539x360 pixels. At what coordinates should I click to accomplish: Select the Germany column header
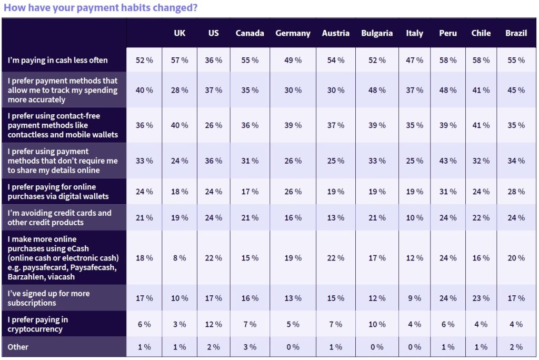click(293, 33)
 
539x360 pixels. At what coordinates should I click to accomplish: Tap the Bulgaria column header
click(377, 33)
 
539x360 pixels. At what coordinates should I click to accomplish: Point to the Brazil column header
click(516, 33)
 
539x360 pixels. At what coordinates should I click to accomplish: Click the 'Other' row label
click(18, 347)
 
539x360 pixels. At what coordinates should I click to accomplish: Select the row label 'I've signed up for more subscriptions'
click(48, 298)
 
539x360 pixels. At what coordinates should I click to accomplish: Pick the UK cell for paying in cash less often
click(179, 60)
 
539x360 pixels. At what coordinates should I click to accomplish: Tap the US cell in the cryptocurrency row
click(214, 324)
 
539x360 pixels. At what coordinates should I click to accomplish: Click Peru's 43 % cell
click(448, 161)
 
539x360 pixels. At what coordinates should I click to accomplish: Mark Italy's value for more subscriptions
click(415, 298)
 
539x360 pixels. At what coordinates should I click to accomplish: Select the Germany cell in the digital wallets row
click(293, 192)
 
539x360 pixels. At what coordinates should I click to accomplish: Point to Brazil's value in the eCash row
click(516, 258)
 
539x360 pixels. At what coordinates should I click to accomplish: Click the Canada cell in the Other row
click(249, 347)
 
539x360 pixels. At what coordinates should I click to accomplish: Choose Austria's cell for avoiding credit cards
click(335, 217)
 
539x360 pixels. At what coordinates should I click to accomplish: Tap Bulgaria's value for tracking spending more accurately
click(377, 90)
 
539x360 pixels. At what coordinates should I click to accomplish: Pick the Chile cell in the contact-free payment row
click(481, 125)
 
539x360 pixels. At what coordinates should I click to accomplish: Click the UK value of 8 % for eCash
click(179, 258)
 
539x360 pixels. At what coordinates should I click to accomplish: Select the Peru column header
click(448, 33)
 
